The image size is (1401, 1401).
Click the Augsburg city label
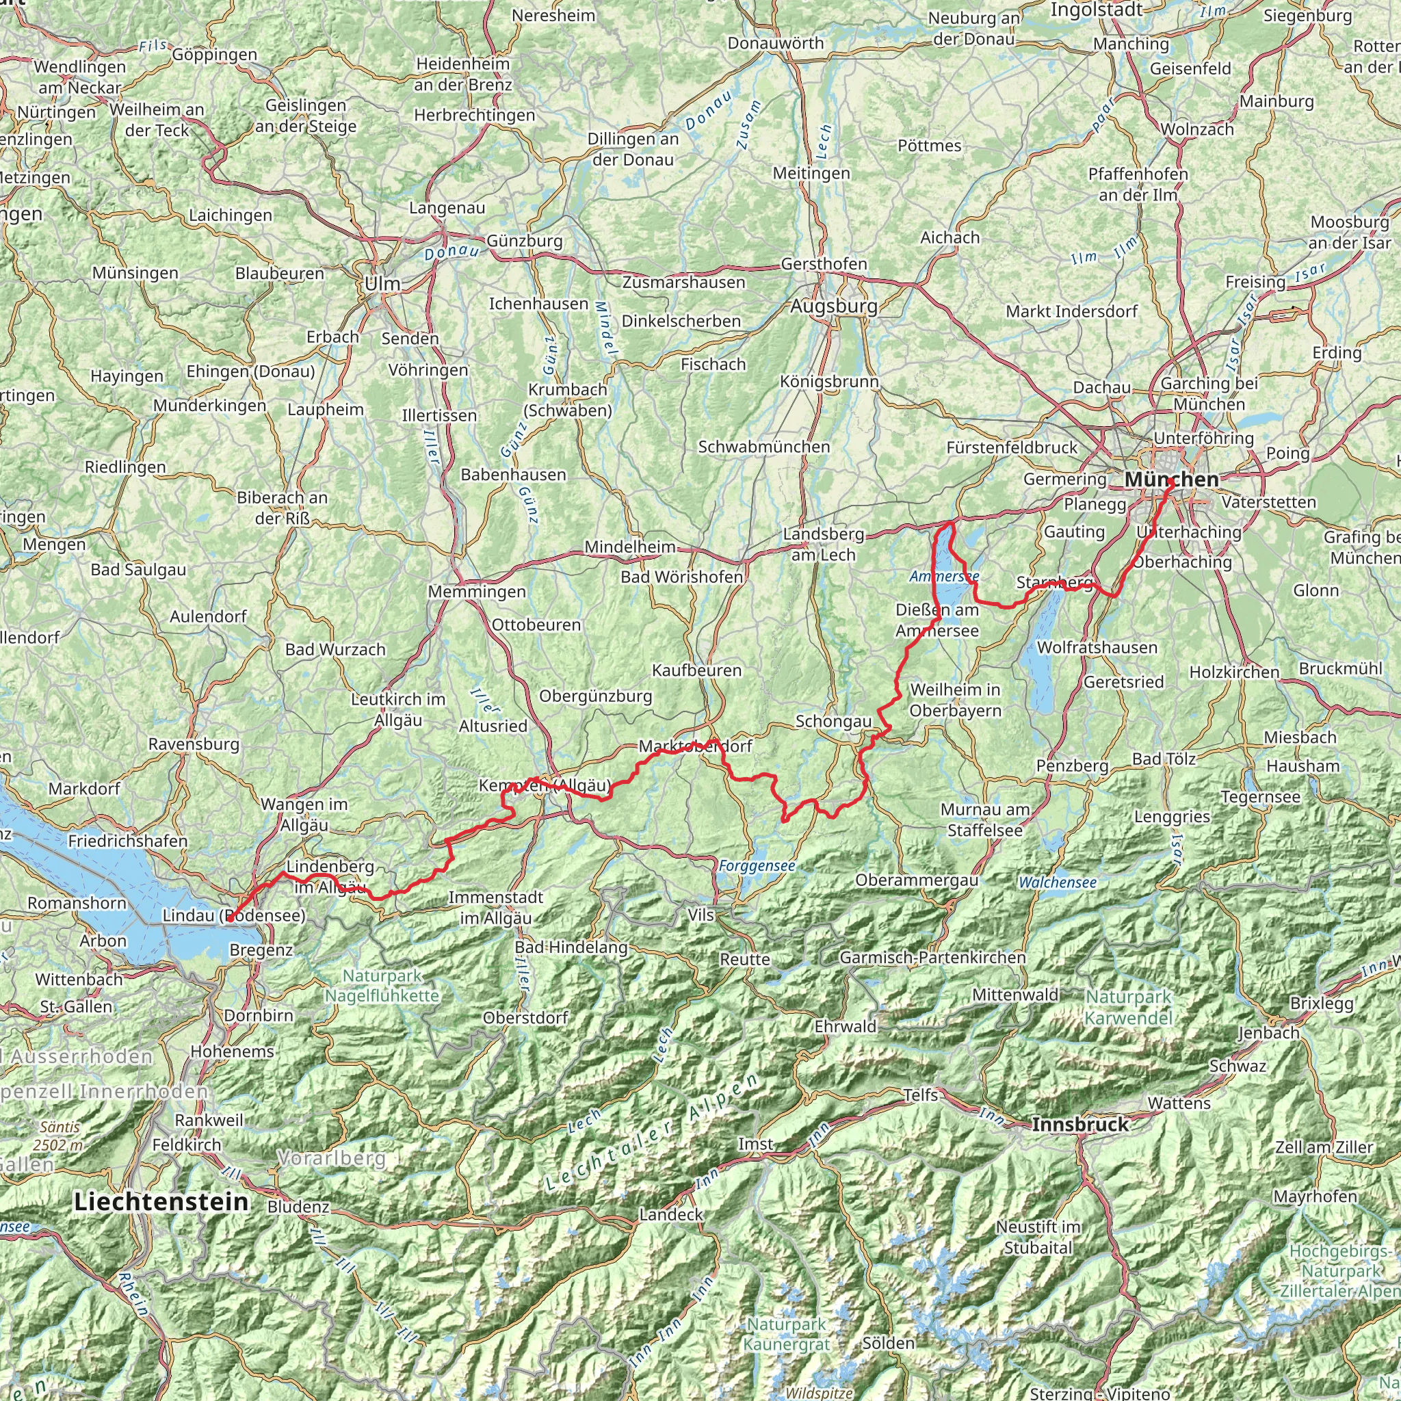(x=834, y=306)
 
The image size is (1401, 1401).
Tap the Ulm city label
(x=382, y=285)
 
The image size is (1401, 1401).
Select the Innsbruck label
(x=1079, y=1125)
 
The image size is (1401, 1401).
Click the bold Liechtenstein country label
(x=161, y=1201)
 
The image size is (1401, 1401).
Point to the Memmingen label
(x=476, y=592)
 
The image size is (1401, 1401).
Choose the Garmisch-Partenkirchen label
(x=932, y=957)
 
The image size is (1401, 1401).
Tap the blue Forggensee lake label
(x=757, y=866)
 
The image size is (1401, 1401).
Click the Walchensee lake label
(x=1058, y=882)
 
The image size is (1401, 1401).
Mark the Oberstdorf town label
(x=526, y=1017)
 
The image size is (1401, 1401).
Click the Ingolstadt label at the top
(x=1097, y=10)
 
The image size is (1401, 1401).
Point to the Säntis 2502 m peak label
(x=61, y=1136)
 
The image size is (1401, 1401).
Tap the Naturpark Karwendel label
(x=1128, y=1007)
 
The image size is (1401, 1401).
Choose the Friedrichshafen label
(x=128, y=841)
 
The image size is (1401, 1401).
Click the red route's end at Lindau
(x=228, y=920)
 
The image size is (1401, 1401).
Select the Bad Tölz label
(x=1163, y=759)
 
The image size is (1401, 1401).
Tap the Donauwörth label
(x=776, y=44)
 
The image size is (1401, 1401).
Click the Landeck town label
(x=671, y=1214)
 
